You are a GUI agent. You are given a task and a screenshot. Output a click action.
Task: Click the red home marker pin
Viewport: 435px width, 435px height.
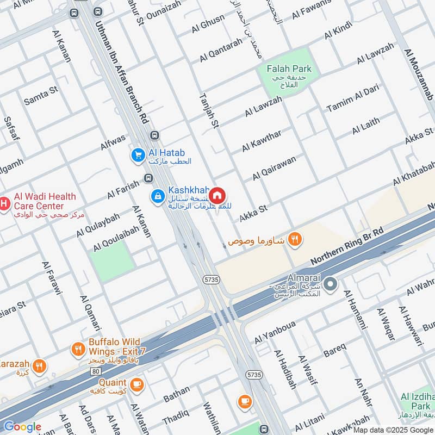(217, 195)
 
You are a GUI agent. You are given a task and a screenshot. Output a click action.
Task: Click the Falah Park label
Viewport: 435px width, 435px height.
(289, 69)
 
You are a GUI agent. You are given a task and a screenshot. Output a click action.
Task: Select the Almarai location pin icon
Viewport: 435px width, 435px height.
(332, 284)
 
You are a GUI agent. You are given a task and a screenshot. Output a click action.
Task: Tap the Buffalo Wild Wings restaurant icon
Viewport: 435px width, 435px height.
(79, 349)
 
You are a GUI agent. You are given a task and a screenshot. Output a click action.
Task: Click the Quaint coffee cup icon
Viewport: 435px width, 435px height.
(136, 384)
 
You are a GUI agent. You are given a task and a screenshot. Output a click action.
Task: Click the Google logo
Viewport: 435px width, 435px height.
(22, 426)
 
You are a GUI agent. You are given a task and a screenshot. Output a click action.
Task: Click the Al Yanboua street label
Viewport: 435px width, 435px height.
(275, 333)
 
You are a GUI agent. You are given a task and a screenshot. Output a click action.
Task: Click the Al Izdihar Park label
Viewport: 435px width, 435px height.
(418, 403)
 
